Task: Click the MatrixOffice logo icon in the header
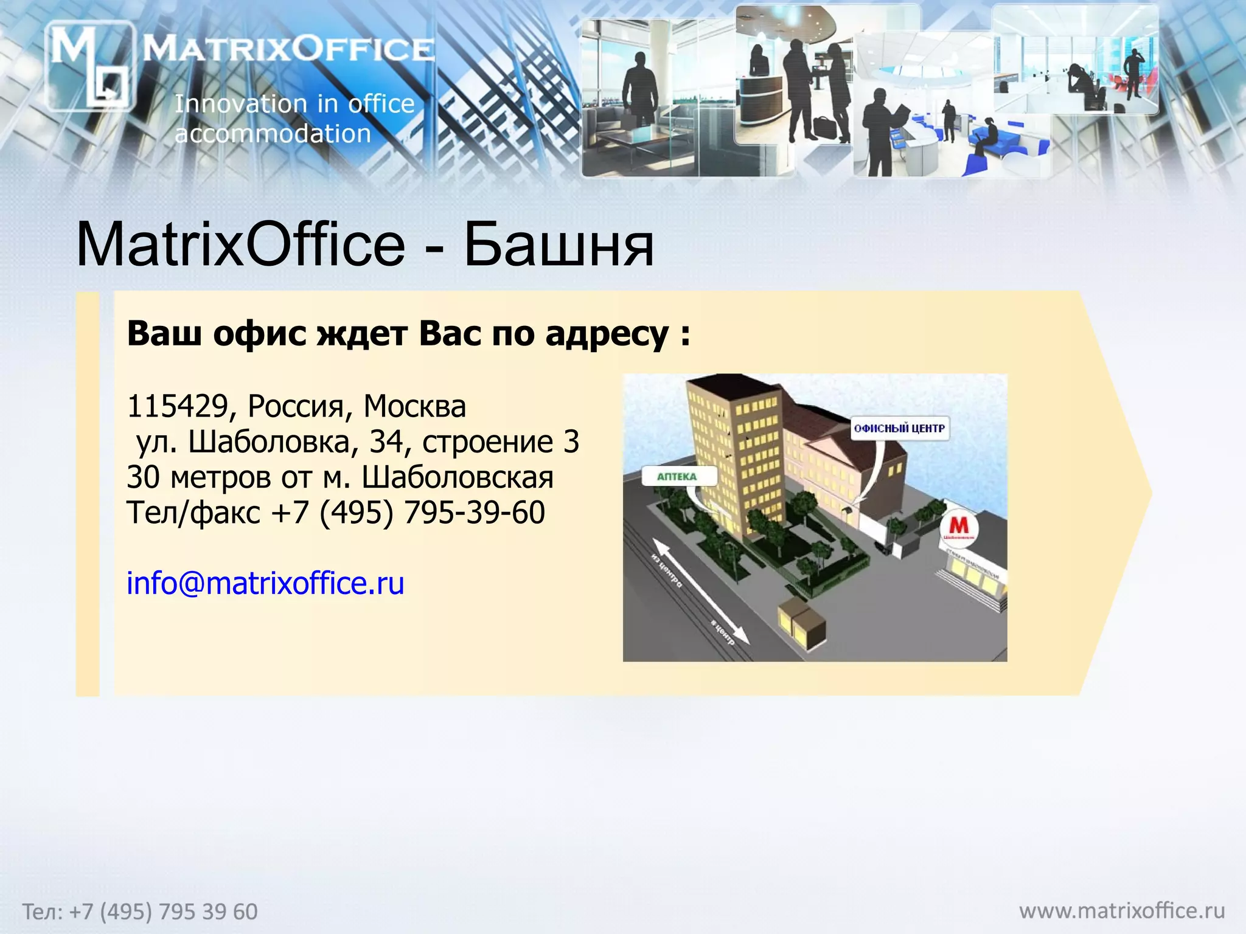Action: point(89,66)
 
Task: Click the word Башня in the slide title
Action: point(559,245)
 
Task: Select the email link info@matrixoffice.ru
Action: point(265,583)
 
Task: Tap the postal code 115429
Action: point(177,406)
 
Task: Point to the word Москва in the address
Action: point(414,406)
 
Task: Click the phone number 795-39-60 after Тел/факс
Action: point(474,513)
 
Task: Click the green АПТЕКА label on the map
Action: point(677,477)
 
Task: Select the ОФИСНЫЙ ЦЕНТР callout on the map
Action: point(899,428)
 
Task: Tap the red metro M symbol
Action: point(959,525)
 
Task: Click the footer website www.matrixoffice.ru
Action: point(1121,910)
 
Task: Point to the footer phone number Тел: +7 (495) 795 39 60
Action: point(140,912)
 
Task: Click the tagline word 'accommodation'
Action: point(273,134)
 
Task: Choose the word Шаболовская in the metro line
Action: point(458,477)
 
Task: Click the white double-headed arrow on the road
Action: point(700,590)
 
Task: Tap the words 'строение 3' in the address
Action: point(500,442)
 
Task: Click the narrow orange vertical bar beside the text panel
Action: point(88,493)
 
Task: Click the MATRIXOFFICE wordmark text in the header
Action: point(288,49)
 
